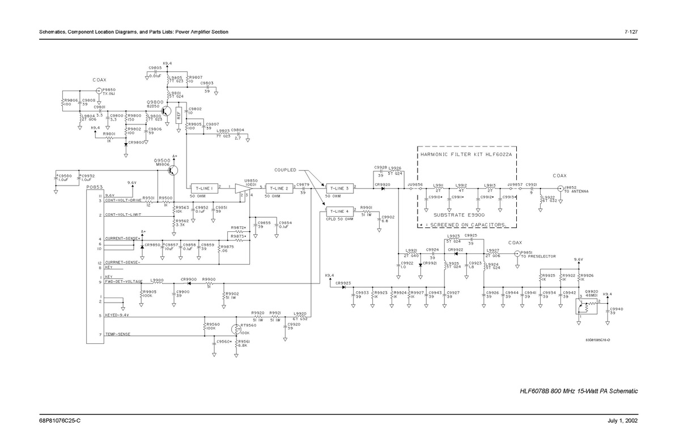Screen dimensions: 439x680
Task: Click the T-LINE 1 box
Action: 204,188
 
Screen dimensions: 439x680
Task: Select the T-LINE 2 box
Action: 278,188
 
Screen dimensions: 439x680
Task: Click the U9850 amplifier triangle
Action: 244,188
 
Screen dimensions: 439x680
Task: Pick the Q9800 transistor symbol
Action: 167,111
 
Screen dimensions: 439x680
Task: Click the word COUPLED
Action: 286,170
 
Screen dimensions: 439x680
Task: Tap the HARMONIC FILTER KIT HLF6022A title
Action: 466,154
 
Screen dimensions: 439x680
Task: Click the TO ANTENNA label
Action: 576,192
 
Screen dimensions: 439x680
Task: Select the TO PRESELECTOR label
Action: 538,256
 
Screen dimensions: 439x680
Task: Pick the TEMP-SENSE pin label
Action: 118,335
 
